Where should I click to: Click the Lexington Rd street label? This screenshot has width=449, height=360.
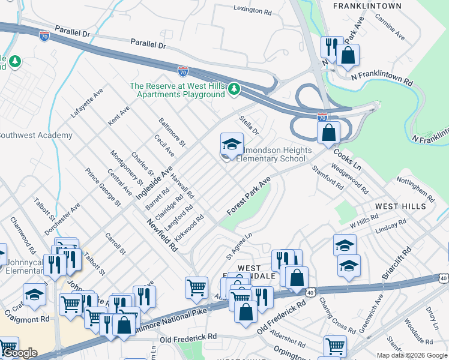(256, 10)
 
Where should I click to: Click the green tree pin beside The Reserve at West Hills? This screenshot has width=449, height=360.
(234, 90)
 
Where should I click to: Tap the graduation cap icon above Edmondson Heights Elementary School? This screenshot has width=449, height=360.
(232, 144)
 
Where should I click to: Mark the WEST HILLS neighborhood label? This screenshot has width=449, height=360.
(400, 206)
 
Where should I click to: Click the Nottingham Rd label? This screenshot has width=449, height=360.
(415, 189)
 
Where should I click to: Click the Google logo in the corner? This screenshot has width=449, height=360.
(19, 353)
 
